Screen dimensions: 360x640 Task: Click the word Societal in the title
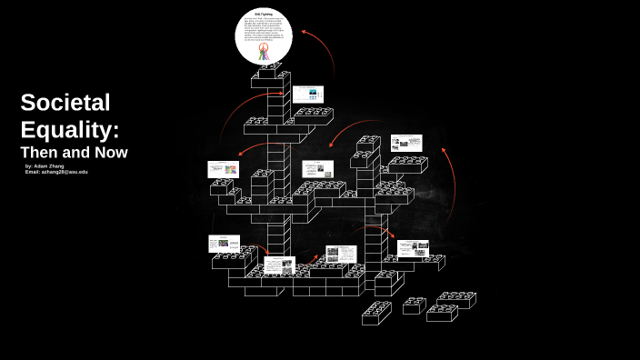(x=65, y=103)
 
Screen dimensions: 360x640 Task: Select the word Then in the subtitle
(x=42, y=153)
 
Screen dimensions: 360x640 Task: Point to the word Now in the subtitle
(x=110, y=153)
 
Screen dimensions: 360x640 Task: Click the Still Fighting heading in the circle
(x=264, y=15)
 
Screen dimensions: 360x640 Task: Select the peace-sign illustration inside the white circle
(x=264, y=52)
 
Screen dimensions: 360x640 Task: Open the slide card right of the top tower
(x=310, y=95)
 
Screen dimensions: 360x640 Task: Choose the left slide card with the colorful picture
(x=223, y=169)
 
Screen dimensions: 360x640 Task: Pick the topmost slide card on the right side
(x=406, y=143)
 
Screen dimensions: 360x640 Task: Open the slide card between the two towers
(x=317, y=169)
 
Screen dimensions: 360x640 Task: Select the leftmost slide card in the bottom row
(x=224, y=244)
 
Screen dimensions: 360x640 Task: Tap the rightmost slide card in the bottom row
(x=413, y=248)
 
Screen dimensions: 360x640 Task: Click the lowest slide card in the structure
(x=278, y=266)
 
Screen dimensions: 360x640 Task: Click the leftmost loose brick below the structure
(x=375, y=314)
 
